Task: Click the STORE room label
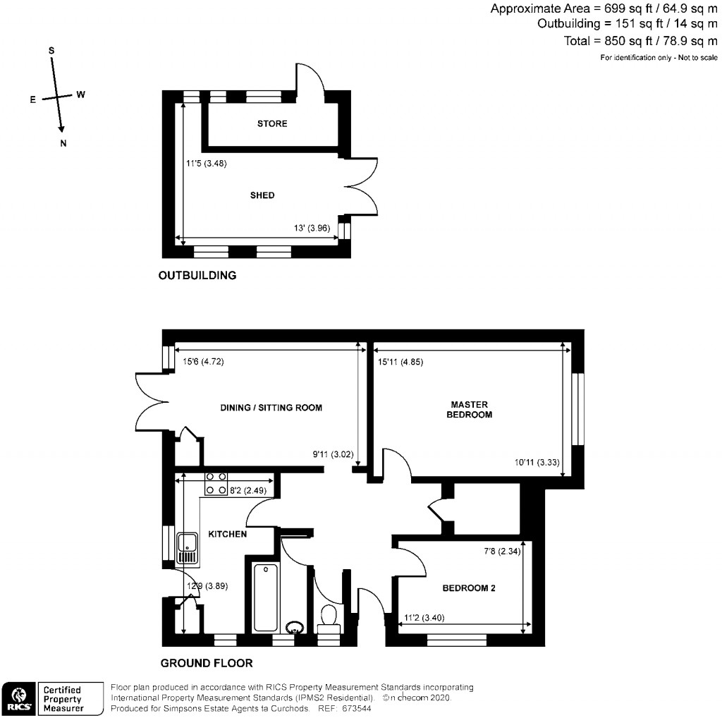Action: (x=271, y=123)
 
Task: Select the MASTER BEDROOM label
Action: (x=470, y=410)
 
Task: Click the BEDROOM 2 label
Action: (x=469, y=588)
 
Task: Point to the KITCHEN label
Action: (x=226, y=534)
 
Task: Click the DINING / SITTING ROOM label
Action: (x=271, y=408)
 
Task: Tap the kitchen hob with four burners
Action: (x=216, y=483)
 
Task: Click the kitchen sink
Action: (x=188, y=548)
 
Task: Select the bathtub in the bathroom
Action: (x=266, y=597)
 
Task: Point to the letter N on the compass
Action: (x=63, y=144)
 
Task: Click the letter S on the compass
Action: (x=51, y=51)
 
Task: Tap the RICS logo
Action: (x=18, y=698)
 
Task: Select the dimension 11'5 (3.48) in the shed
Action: (x=206, y=164)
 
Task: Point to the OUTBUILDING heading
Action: (x=197, y=276)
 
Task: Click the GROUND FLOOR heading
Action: (x=207, y=663)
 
